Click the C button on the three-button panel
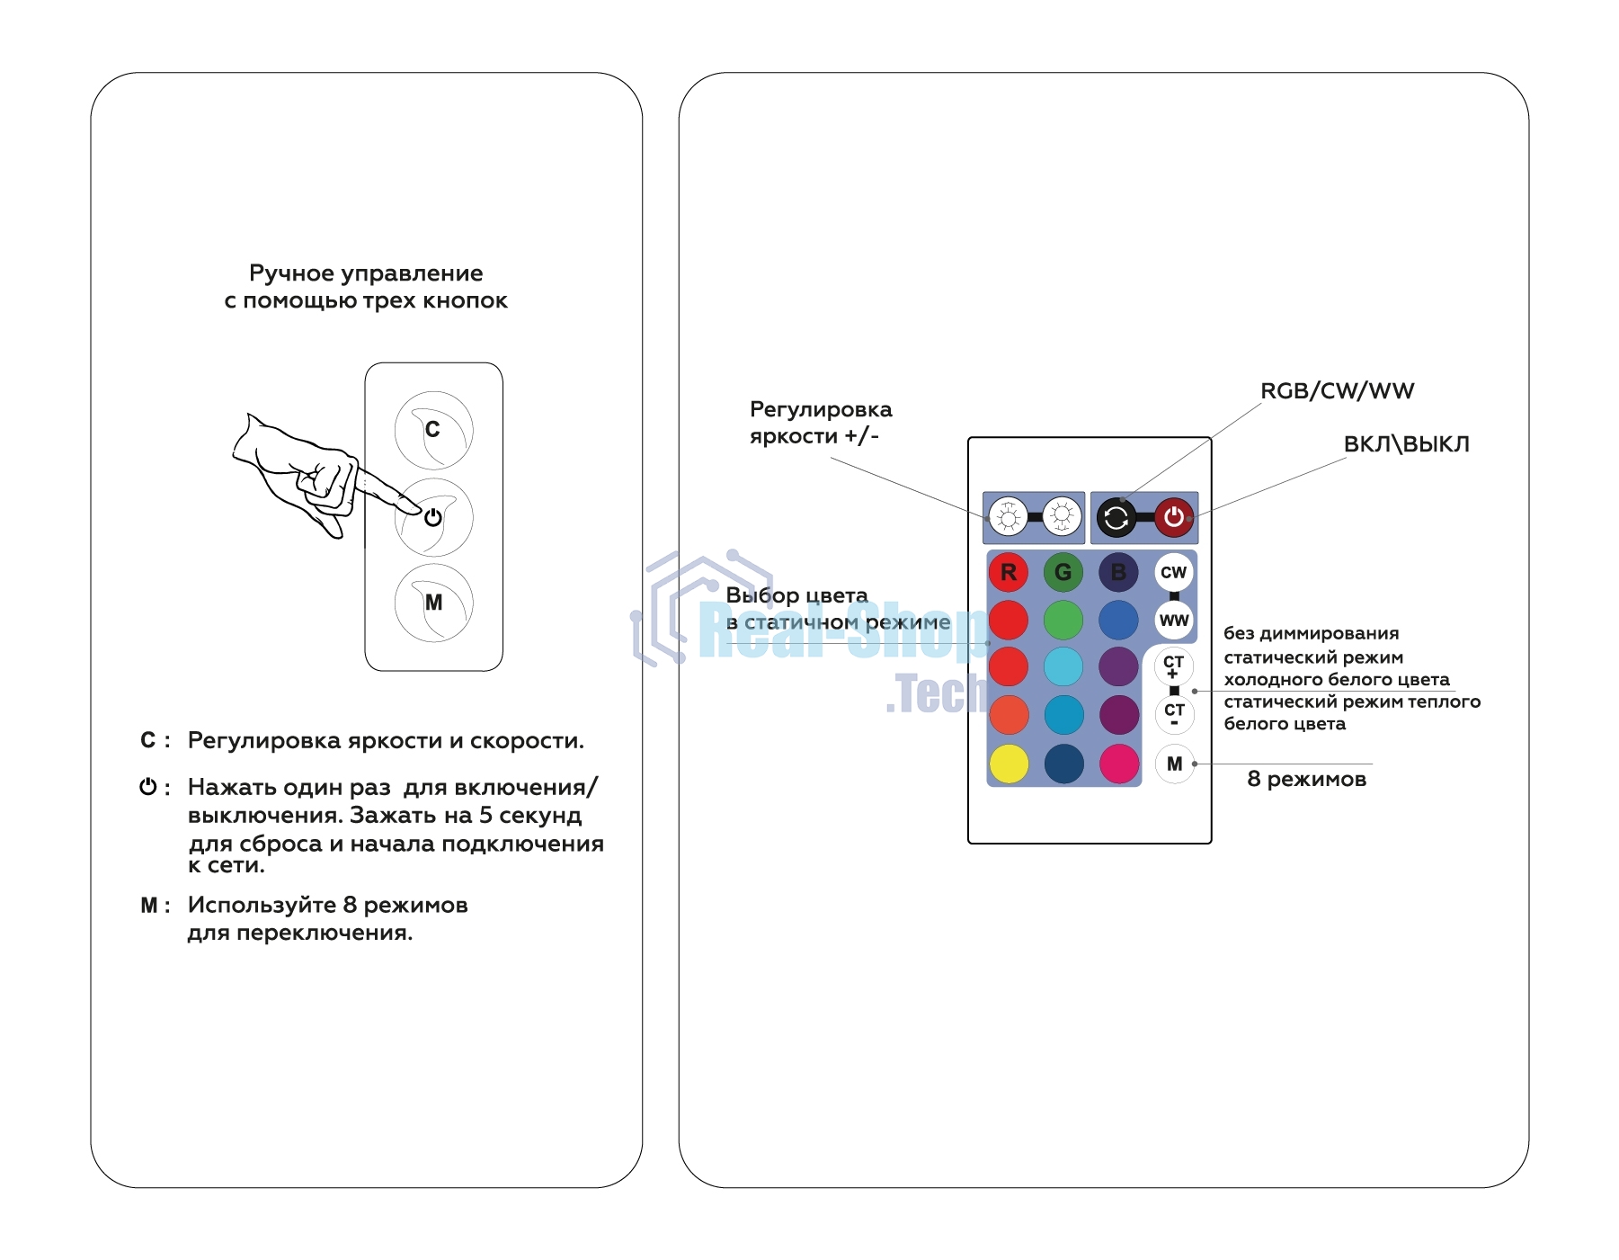[x=433, y=430]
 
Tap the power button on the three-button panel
[x=433, y=517]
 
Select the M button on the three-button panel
[x=433, y=603]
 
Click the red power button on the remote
[x=1173, y=517]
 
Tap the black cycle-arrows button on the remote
[x=1116, y=517]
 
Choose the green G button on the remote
[x=1063, y=572]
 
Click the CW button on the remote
[x=1173, y=572]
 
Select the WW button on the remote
[x=1173, y=621]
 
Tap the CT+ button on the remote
[x=1173, y=666]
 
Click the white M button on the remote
[x=1174, y=764]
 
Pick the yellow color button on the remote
[x=1009, y=764]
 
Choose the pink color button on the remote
[x=1118, y=764]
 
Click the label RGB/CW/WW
[x=1337, y=391]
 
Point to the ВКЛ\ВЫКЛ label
[x=1406, y=444]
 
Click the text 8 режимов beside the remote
[x=1306, y=779]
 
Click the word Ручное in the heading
[x=290, y=273]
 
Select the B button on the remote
[x=1118, y=572]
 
